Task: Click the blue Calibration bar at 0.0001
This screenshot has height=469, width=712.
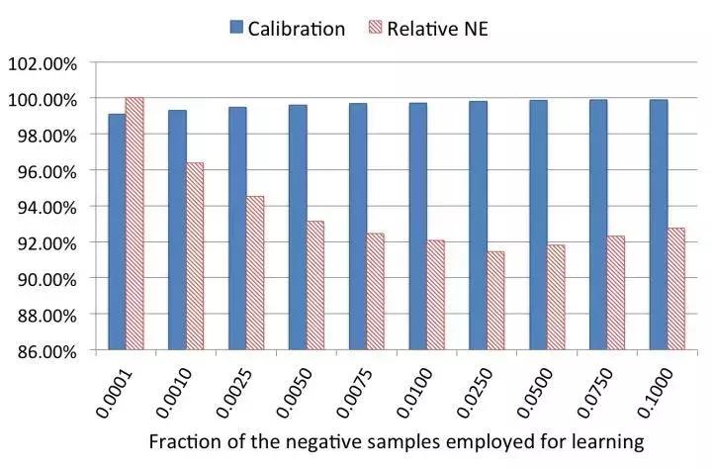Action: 118,232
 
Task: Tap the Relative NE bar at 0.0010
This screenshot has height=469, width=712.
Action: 195,256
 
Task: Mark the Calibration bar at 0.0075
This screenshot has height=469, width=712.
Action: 358,227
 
